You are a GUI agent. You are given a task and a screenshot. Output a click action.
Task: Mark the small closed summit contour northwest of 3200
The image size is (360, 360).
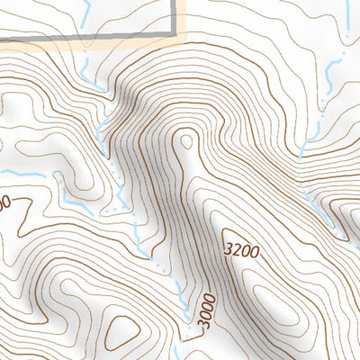click(186, 141)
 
